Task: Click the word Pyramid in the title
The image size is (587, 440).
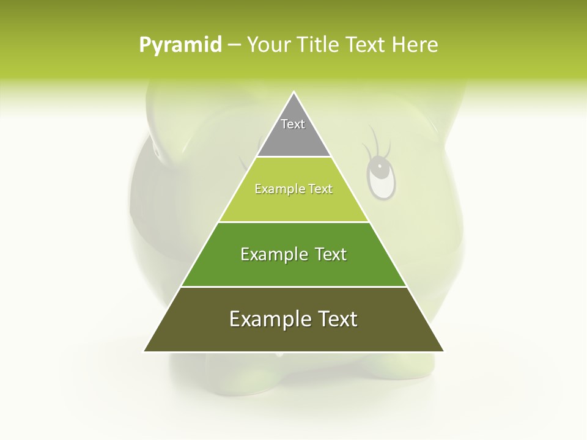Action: tap(180, 45)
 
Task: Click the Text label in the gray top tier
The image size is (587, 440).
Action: tap(293, 124)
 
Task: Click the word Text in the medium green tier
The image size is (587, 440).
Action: tap(331, 254)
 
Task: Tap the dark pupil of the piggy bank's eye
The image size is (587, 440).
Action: tap(380, 166)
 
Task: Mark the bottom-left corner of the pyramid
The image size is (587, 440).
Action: tap(144, 351)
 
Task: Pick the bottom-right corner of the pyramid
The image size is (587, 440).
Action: tap(443, 351)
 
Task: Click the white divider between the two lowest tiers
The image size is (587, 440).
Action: tap(293, 287)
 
